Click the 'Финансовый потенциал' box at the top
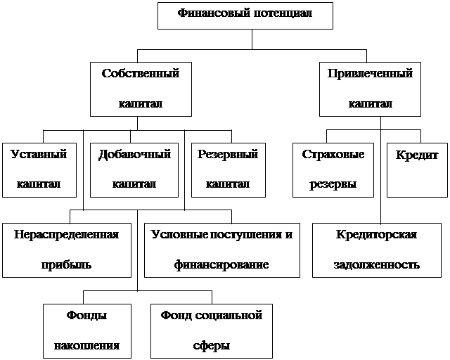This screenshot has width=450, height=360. tap(245, 15)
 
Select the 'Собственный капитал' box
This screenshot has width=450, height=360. tap(141, 89)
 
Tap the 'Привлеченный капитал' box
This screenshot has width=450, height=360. tap(370, 89)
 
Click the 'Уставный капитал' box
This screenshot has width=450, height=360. tap(39, 169)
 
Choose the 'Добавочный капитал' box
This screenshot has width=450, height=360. tap(135, 169)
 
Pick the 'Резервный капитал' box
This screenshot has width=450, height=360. tap(228, 169)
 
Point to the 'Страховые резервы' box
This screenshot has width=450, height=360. tap(333, 169)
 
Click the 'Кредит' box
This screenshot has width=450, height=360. tap(416, 169)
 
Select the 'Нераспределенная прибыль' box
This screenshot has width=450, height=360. tap(65, 250)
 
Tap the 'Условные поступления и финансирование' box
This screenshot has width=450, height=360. tap(221, 250)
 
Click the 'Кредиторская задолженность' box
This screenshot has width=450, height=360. tap(377, 250)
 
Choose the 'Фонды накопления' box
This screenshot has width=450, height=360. tap(87, 330)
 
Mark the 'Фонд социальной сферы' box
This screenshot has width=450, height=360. tap(212, 330)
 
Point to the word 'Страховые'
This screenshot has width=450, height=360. tap(333, 155)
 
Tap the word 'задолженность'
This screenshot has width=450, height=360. tap(377, 265)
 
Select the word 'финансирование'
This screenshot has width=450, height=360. tap(221, 265)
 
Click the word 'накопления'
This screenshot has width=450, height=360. tap(87, 346)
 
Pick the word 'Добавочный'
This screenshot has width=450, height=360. tap(135, 155)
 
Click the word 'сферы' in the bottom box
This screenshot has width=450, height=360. tap(212, 346)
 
